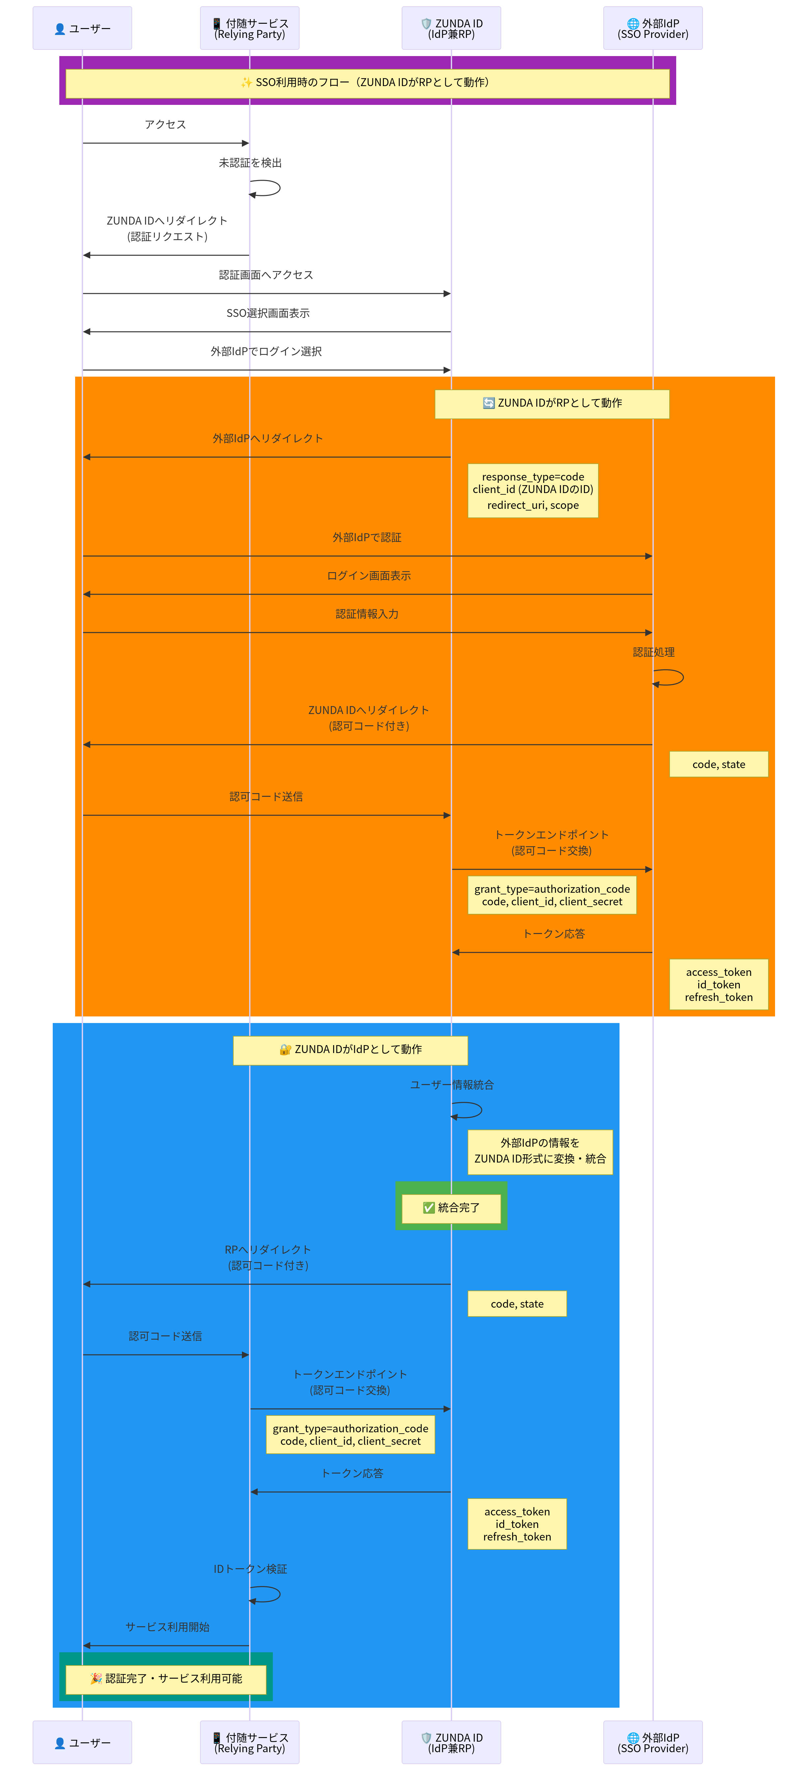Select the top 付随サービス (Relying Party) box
249,28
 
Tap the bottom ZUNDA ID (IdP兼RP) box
451,1742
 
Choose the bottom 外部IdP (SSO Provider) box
653,1742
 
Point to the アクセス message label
165,124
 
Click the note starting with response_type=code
533,490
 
